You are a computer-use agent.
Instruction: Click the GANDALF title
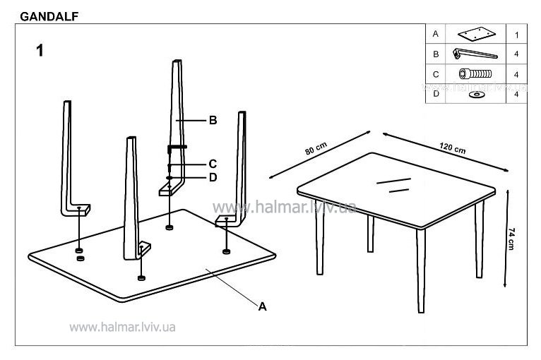pos(49,16)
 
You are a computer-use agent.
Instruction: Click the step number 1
pos(40,50)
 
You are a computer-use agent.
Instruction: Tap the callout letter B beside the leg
pos(213,120)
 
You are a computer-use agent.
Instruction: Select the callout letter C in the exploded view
pos(213,164)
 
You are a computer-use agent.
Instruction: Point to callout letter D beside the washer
pos(213,177)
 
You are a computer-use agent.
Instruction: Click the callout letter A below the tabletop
pos(262,306)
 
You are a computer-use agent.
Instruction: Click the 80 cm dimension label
pos(316,148)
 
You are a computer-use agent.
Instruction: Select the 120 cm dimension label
pos(452,148)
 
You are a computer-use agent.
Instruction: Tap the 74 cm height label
pos(511,239)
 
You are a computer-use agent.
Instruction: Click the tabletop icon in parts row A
pos(477,34)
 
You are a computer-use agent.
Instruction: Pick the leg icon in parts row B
pos(475,54)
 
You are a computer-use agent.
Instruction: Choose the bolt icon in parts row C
pos(475,73)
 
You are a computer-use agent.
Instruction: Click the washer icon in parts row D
pos(477,95)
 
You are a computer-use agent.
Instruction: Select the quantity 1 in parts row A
pos(516,35)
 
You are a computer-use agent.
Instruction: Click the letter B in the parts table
pos(436,54)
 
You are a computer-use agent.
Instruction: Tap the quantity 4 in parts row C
pos(516,75)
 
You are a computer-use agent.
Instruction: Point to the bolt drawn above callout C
pos(177,149)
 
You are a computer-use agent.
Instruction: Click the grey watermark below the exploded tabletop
pos(122,327)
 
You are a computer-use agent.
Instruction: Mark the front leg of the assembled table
pos(421,271)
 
